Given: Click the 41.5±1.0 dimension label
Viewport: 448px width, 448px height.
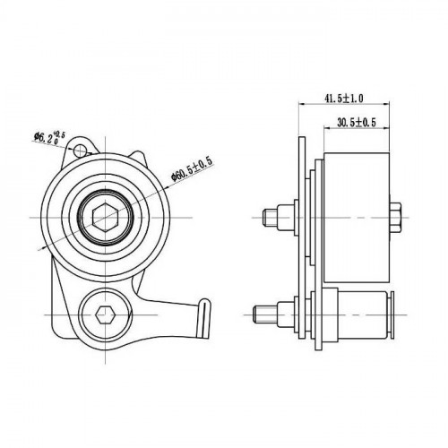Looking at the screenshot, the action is [x=343, y=99].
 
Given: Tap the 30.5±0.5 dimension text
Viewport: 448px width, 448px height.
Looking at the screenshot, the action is [x=357, y=122].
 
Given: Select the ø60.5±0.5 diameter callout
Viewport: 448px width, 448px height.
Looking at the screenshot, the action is [x=192, y=169].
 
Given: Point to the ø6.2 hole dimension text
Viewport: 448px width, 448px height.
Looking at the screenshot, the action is [x=49, y=138].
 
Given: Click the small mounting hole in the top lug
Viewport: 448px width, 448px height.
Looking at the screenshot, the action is [x=80, y=150].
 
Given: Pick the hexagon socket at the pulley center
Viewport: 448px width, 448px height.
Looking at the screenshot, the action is [x=105, y=217].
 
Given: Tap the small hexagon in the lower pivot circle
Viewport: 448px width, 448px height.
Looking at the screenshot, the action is [x=105, y=314].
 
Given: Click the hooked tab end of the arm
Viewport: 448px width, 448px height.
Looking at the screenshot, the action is [x=203, y=317].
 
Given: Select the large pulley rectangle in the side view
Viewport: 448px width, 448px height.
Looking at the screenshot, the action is [x=357, y=218].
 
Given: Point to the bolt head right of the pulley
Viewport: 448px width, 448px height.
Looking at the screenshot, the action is [x=395, y=217].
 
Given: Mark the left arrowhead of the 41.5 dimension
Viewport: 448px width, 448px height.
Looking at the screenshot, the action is [x=301, y=104].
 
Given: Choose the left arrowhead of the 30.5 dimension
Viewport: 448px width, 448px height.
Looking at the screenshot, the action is [x=327, y=128].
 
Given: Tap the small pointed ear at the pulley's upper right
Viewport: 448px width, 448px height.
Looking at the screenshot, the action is [x=138, y=158].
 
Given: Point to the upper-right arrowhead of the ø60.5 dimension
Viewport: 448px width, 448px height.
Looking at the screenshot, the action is [x=167, y=187].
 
